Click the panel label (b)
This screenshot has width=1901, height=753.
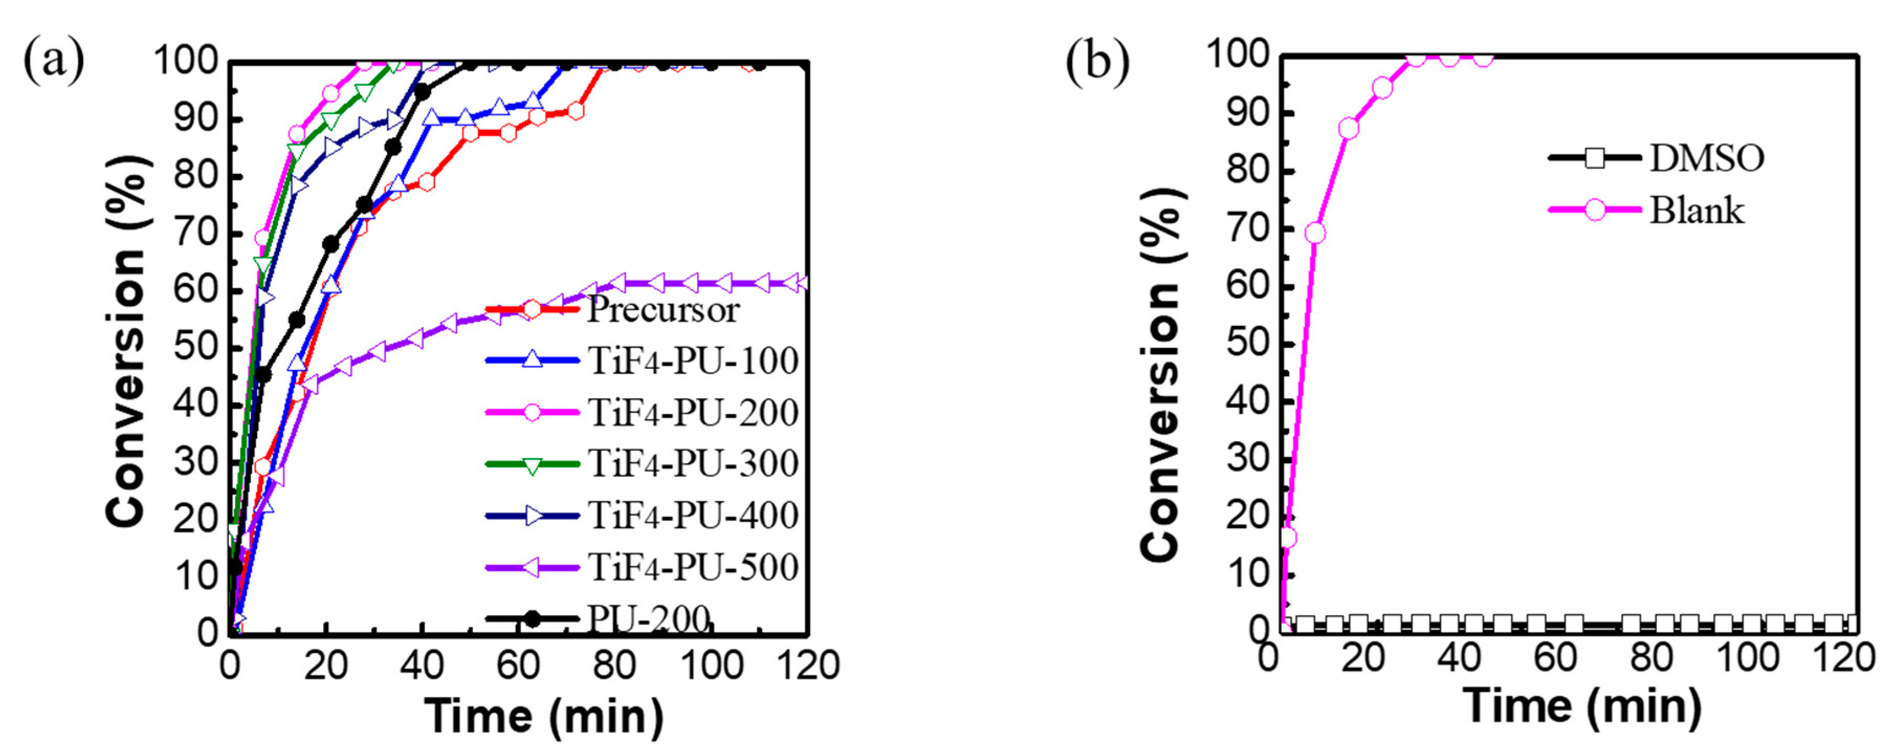pos(1097,62)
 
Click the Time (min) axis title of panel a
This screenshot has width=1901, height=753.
pos(544,716)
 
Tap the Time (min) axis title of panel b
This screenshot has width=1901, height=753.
pos(1582,706)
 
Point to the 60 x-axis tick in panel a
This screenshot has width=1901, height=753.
pos(517,666)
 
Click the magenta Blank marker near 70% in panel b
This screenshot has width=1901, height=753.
pos(1315,233)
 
